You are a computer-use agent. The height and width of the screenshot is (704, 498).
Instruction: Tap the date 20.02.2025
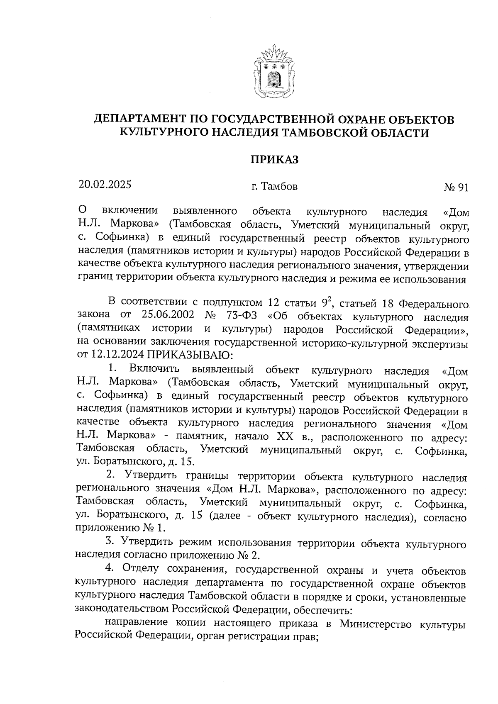[x=105, y=184]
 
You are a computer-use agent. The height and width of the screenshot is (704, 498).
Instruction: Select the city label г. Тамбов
[x=274, y=187]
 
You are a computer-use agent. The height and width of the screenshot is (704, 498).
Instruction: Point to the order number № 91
[x=456, y=188]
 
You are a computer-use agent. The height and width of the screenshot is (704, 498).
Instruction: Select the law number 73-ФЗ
[x=242, y=315]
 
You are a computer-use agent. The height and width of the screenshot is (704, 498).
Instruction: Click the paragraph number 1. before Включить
[x=112, y=368]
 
